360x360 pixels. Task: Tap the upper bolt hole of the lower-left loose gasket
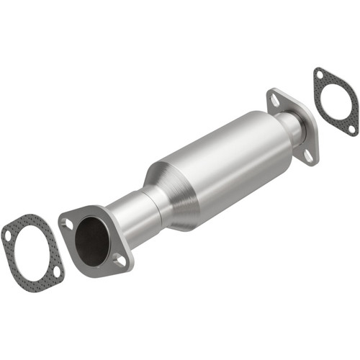(x=8, y=235)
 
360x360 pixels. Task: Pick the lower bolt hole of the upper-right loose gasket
(x=351, y=128)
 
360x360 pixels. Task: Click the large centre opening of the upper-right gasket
(x=336, y=101)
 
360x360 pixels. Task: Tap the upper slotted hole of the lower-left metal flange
(x=68, y=224)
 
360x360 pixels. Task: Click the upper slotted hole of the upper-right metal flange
(x=274, y=102)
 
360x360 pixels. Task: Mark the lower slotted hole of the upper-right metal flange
(x=307, y=154)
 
